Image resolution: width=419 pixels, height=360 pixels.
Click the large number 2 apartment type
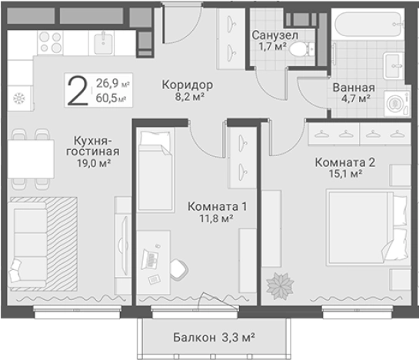(77, 91)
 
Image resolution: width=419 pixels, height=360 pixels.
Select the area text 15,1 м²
(346, 175)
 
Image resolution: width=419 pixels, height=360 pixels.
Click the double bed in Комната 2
(364, 225)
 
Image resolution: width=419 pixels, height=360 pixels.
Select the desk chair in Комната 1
(178, 267)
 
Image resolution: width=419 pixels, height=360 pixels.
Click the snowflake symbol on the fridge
(19, 98)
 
